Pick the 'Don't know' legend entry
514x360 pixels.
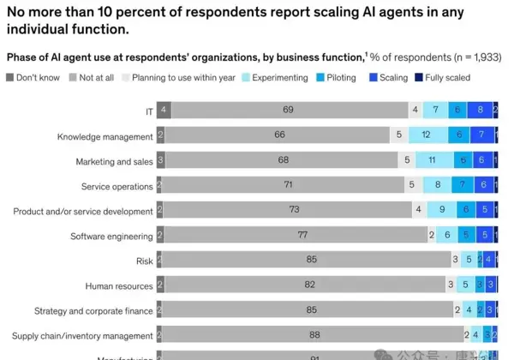pos(10,78)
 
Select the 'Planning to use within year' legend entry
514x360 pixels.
pos(126,78)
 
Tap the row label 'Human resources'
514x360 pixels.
pos(119,285)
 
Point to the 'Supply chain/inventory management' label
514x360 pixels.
pos(82,335)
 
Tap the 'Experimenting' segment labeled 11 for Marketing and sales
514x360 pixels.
pos(433,161)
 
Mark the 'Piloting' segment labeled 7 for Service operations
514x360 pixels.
pos(462,186)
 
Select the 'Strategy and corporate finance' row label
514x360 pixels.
pos(93,310)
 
